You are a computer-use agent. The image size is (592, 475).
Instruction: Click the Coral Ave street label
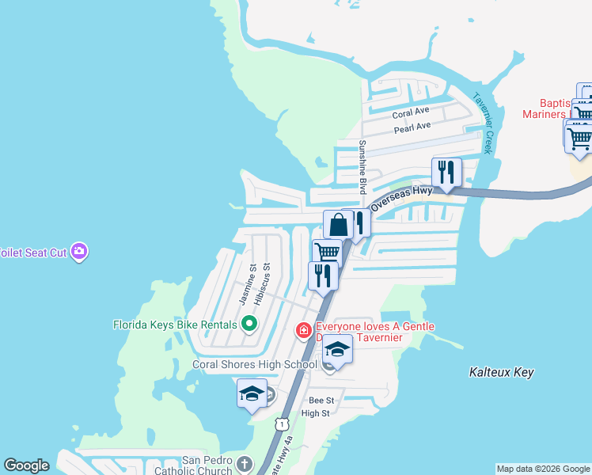(x=411, y=112)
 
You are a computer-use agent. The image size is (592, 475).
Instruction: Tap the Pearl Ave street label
(x=412, y=127)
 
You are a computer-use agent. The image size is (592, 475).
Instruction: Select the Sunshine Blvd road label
(x=362, y=167)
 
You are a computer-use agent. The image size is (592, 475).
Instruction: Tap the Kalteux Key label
(x=501, y=372)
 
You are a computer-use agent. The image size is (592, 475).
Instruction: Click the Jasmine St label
(x=247, y=284)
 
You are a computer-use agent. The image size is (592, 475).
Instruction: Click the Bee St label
(x=322, y=401)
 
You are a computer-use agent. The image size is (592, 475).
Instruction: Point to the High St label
(x=315, y=413)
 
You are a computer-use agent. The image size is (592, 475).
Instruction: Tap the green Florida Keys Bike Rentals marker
(x=249, y=324)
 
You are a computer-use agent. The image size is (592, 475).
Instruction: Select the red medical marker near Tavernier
(x=303, y=329)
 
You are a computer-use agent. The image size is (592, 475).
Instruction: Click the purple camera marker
(x=78, y=252)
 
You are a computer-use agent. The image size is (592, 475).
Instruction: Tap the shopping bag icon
(x=338, y=224)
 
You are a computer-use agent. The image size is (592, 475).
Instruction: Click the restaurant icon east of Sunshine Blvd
(x=446, y=172)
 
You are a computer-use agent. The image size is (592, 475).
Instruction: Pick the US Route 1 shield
(x=282, y=425)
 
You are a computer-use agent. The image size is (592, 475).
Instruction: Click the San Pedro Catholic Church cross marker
(x=245, y=463)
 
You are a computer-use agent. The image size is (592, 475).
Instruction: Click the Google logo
(x=26, y=465)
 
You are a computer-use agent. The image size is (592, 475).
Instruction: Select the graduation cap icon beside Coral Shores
(x=337, y=349)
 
